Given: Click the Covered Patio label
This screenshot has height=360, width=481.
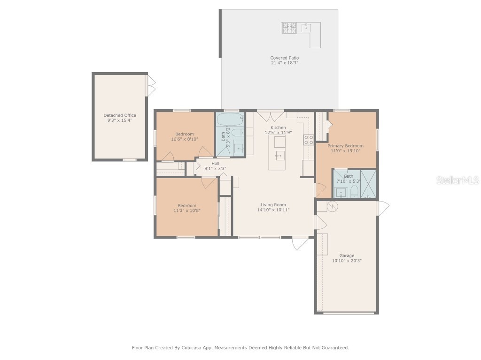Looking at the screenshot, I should pos(284,58).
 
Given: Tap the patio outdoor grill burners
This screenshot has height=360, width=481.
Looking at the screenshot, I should pos(288,28).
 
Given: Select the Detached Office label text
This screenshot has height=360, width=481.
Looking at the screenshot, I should pos(120,115).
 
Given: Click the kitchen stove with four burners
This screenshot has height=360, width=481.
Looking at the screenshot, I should pos(308,140).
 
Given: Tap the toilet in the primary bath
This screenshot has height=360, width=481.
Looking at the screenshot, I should pos(354,192).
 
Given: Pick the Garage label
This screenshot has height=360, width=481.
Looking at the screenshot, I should pos(347,256).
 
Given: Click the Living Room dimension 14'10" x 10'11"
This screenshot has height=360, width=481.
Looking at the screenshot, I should pos(273,210).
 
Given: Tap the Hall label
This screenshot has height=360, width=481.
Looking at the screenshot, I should pos(215,163).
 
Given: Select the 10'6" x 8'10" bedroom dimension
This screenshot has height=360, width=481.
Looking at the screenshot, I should pos(184,139).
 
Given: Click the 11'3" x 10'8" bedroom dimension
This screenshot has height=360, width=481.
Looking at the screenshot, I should pos(186,210).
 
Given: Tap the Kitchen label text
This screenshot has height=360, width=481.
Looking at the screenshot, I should pos(278,127).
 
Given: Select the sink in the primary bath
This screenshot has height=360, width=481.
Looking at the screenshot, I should pos(340,192).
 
